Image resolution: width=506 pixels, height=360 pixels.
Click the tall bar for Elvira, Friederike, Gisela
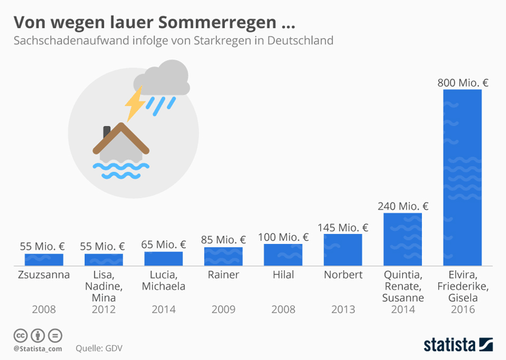point(463,177)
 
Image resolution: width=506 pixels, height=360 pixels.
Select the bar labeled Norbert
point(343,249)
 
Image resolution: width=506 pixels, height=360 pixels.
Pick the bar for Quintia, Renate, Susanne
point(402,239)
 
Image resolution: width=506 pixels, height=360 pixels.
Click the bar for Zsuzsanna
point(44,258)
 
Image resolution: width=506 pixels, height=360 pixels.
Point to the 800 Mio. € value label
point(463,82)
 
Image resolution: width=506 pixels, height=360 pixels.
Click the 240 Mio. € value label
point(402,206)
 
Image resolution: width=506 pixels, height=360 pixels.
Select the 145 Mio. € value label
point(343,227)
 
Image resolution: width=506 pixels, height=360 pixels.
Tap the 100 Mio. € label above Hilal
point(283,237)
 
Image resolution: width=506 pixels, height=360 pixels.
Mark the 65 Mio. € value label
point(163,245)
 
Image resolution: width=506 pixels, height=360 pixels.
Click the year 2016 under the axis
point(463,309)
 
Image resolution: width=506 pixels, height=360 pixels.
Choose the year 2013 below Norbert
point(343,309)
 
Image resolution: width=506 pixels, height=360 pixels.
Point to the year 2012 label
point(104,309)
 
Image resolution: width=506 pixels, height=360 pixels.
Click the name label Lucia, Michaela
point(163,280)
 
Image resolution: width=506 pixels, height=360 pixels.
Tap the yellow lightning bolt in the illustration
point(134,104)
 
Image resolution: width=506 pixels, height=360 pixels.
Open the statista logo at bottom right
point(457,344)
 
